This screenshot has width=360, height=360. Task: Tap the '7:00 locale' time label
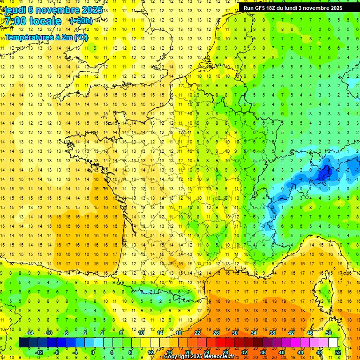(32, 21)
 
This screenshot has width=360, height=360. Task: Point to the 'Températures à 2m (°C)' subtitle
(46, 37)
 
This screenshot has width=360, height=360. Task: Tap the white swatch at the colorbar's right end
(333, 343)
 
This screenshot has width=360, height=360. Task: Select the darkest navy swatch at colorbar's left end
(23, 343)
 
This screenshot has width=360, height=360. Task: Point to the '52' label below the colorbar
(338, 352)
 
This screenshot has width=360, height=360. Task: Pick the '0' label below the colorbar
(93, 352)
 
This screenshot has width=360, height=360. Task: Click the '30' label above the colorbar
(234, 333)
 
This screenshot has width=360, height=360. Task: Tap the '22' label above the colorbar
(197, 333)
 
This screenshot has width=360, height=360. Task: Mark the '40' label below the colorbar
(281, 352)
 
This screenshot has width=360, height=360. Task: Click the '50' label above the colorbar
(328, 333)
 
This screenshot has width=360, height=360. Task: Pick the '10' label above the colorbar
(141, 333)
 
